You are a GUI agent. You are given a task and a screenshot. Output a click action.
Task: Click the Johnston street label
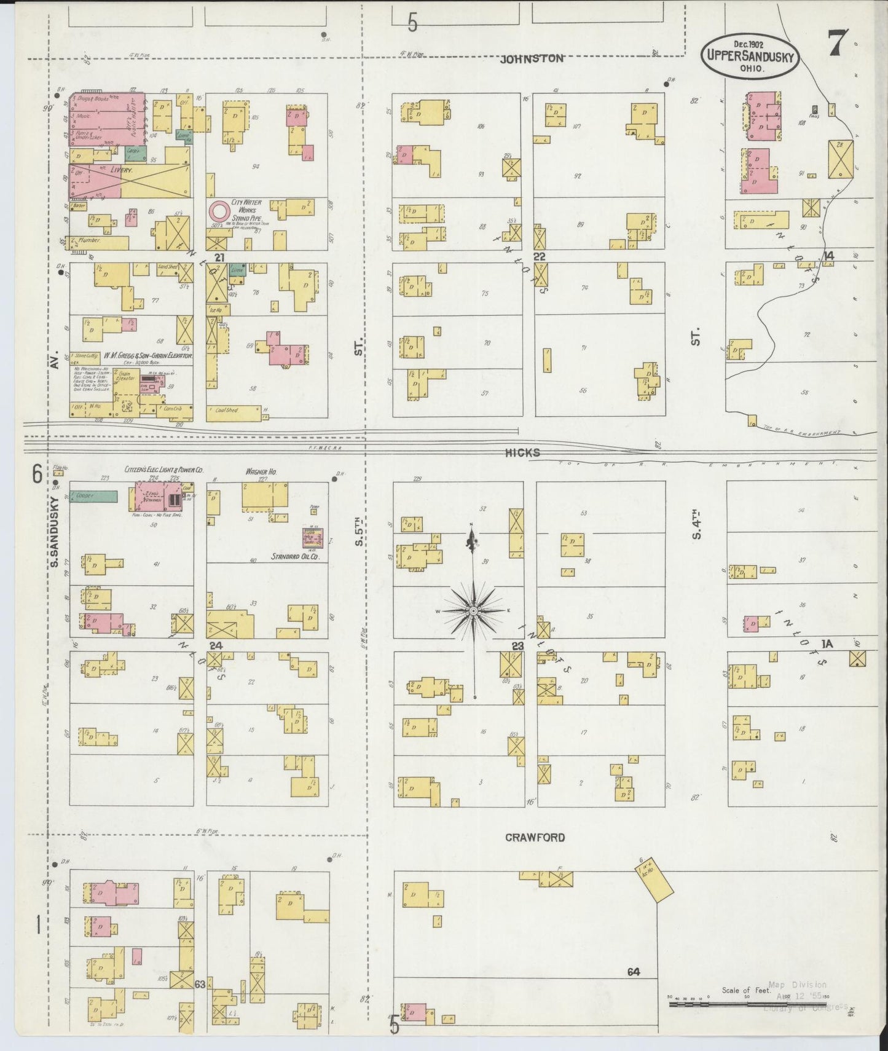pos(532,59)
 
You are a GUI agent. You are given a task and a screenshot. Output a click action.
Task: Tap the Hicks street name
pos(522,452)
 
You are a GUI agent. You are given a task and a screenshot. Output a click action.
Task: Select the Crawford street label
pos(535,837)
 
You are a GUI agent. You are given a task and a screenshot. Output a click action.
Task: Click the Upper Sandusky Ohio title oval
pos(750,56)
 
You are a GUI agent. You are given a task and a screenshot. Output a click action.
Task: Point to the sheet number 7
pos(837,44)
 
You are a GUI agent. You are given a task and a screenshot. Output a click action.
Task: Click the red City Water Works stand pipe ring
pos(218,211)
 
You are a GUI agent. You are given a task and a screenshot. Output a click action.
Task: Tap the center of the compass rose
pos(474,612)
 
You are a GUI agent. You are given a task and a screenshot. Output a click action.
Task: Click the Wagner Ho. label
pos(261,471)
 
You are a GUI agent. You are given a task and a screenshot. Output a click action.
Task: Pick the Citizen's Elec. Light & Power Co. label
pos(163,470)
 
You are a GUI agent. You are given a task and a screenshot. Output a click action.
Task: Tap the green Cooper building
pos(93,496)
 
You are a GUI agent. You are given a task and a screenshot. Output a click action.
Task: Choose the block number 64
pos(634,972)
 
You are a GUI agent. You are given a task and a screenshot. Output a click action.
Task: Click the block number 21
pos(219,257)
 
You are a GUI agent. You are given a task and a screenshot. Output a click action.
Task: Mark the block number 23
pos(517,646)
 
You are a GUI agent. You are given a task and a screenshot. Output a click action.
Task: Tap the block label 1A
pos(827,644)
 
